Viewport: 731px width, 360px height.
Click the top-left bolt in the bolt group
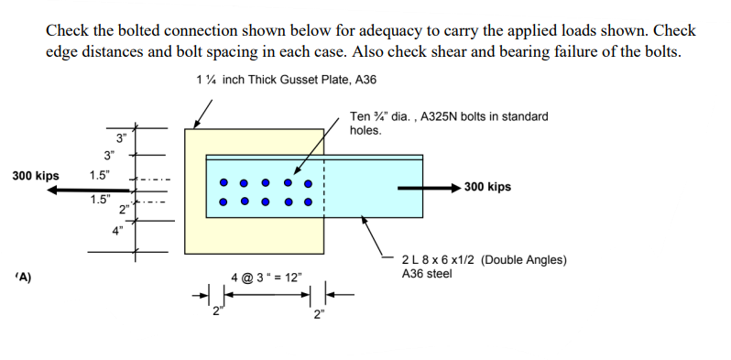(x=224, y=181)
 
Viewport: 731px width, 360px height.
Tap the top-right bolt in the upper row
(x=309, y=181)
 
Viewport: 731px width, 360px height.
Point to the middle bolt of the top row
(x=267, y=181)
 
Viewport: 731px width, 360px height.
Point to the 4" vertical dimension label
(x=118, y=230)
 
